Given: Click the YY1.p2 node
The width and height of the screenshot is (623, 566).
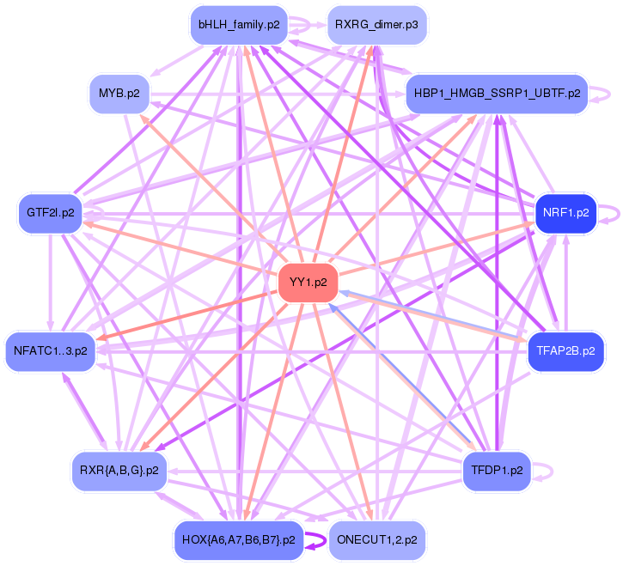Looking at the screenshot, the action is (x=308, y=283).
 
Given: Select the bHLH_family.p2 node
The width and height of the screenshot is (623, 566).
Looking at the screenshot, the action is (x=239, y=25).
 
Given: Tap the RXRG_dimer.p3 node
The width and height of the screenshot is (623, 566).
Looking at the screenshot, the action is (x=377, y=25).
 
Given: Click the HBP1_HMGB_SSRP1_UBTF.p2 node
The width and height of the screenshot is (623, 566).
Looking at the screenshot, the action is (x=497, y=94).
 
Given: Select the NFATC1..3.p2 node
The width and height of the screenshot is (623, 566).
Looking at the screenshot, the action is (x=51, y=350).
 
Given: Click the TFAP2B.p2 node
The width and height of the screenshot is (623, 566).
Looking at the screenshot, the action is (x=566, y=350).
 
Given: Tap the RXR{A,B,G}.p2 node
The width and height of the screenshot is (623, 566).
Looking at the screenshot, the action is (x=119, y=471).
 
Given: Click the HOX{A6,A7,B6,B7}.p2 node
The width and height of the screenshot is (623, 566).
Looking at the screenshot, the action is (x=239, y=540).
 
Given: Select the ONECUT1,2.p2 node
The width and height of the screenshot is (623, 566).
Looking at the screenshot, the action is (x=377, y=540).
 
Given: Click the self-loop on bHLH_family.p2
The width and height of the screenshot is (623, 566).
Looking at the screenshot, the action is (x=303, y=26).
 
